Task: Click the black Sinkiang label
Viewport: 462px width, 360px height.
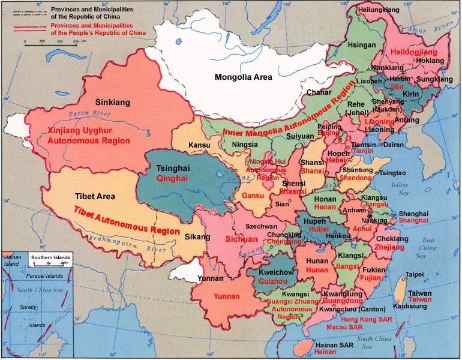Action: [x=113, y=103]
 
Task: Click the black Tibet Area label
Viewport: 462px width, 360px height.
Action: [x=95, y=196]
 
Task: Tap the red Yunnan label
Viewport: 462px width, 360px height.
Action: [x=226, y=296]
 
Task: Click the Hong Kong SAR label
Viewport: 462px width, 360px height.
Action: [x=366, y=320]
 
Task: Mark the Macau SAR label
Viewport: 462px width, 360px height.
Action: [x=344, y=328]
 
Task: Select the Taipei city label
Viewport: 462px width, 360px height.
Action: [x=415, y=274]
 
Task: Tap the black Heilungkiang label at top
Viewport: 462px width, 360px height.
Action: [x=378, y=11]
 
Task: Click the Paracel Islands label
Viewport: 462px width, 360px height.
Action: [x=46, y=276]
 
